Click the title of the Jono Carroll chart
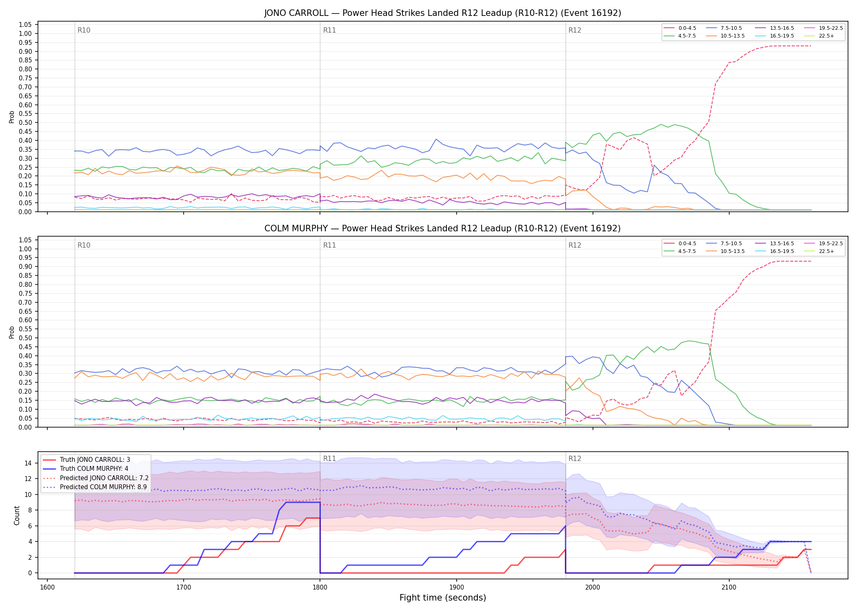(442, 13)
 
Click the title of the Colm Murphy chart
(442, 228)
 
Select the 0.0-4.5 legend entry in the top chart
(680, 28)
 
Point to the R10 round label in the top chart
(84, 30)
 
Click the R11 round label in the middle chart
(329, 245)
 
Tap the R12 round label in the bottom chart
(575, 459)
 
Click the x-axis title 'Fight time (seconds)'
(443, 598)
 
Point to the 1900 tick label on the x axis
(456, 588)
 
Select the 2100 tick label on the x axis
(729, 588)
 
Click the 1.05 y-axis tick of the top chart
(25, 25)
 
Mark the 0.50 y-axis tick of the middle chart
(25, 338)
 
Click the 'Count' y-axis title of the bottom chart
(17, 515)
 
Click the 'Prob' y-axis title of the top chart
(12, 117)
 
